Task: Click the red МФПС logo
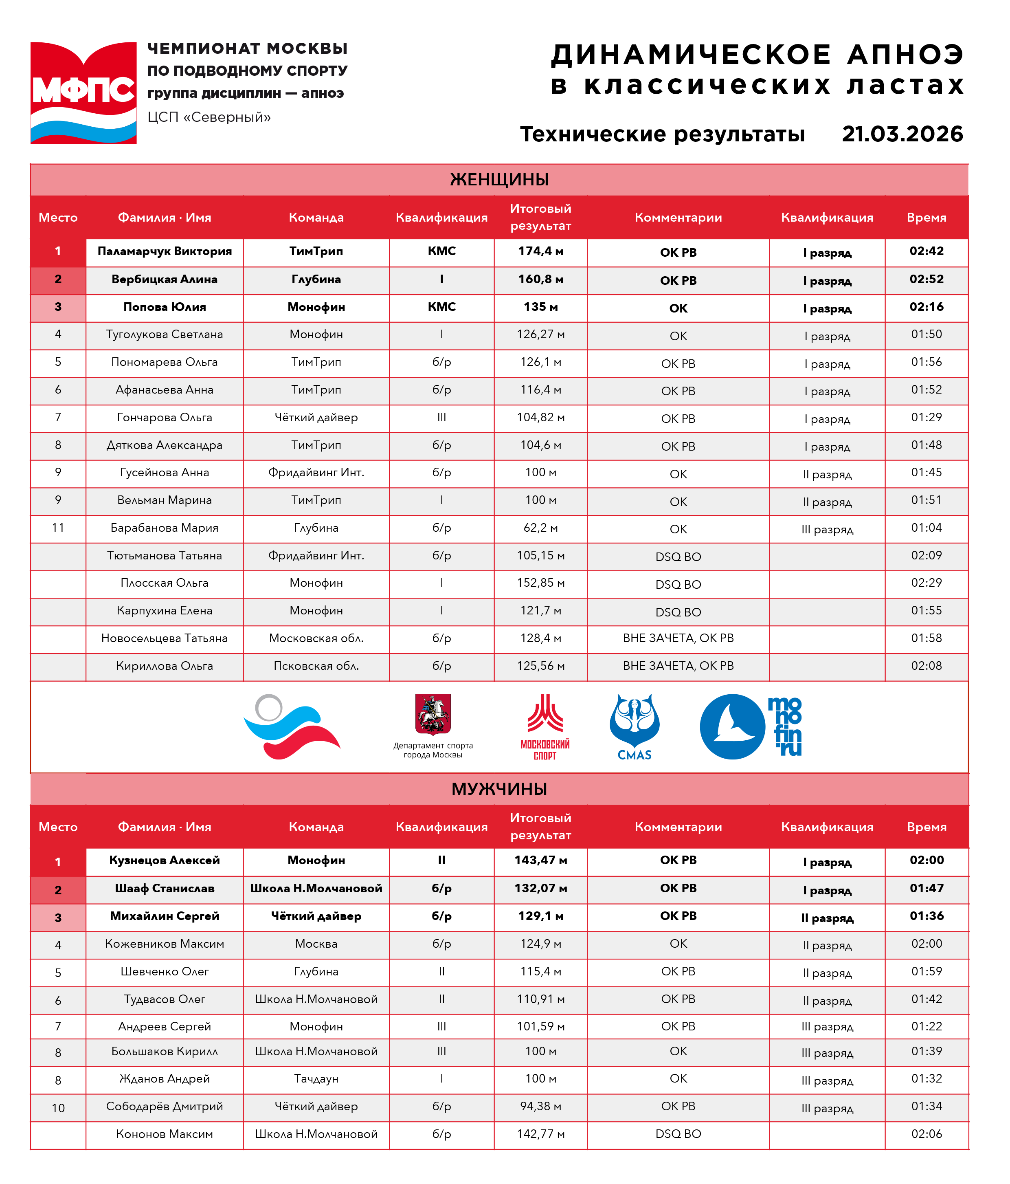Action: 83,92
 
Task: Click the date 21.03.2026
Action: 902,134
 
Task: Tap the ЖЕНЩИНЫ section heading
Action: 499,179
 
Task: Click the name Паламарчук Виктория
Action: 165,251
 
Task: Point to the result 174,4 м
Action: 540,251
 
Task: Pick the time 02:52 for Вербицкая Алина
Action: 926,279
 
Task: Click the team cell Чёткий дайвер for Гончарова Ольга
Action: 316,418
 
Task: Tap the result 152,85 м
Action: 540,583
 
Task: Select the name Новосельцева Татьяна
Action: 165,638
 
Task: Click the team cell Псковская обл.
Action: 316,666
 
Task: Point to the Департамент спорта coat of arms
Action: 433,714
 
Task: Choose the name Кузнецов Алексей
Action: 165,860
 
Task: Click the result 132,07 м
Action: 540,888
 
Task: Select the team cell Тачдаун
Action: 316,1078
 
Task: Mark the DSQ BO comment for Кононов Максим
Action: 678,1134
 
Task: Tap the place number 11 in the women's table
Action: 58,528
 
